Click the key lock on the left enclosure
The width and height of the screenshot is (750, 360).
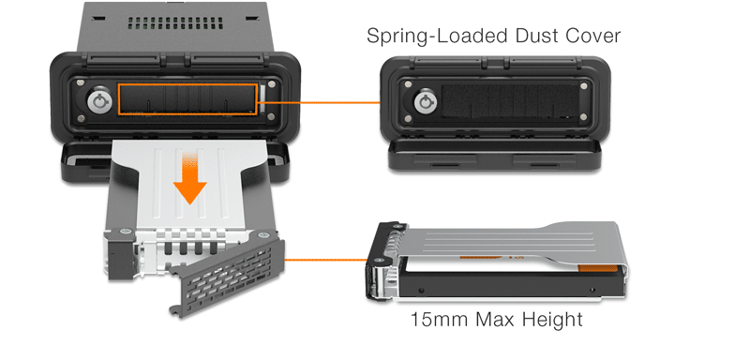click(x=100, y=101)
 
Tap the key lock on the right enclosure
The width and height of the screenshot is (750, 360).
click(x=426, y=103)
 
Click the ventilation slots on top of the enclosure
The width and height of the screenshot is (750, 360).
click(x=176, y=22)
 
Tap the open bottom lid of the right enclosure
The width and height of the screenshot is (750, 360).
click(x=495, y=154)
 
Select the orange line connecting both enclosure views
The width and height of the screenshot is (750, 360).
click(x=320, y=102)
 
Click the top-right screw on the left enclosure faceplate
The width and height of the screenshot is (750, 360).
click(x=272, y=84)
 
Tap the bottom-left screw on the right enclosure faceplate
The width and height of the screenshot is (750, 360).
click(x=408, y=119)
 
